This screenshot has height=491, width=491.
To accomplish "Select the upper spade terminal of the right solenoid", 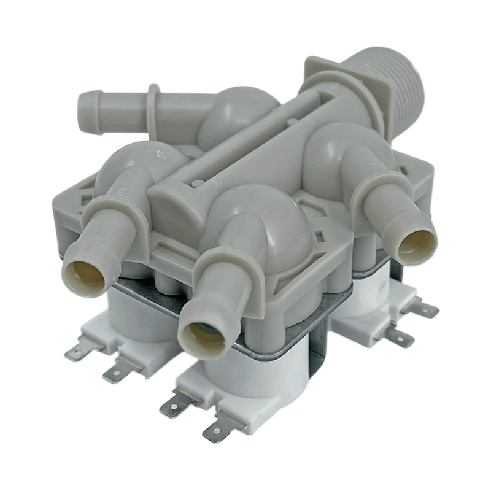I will point(423,307).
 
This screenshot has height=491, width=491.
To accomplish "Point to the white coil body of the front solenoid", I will point(258,374).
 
